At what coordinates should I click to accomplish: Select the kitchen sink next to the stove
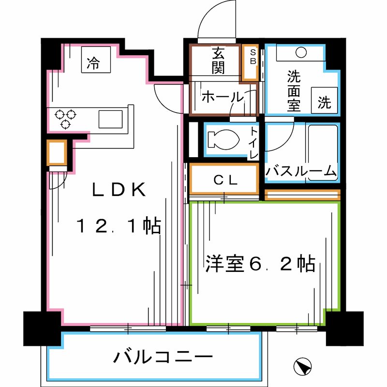(111, 118)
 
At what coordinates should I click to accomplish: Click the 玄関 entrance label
(218, 60)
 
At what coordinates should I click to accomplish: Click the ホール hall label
(222, 97)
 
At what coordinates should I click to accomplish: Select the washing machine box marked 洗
(324, 101)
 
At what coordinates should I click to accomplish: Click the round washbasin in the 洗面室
(302, 51)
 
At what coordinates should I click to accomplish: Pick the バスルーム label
(301, 171)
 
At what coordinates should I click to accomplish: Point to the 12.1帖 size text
(119, 226)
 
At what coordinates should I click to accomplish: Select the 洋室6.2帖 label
(260, 264)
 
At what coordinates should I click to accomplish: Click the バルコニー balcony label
(163, 357)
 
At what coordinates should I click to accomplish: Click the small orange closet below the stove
(57, 153)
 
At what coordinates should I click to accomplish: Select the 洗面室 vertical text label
(293, 90)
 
